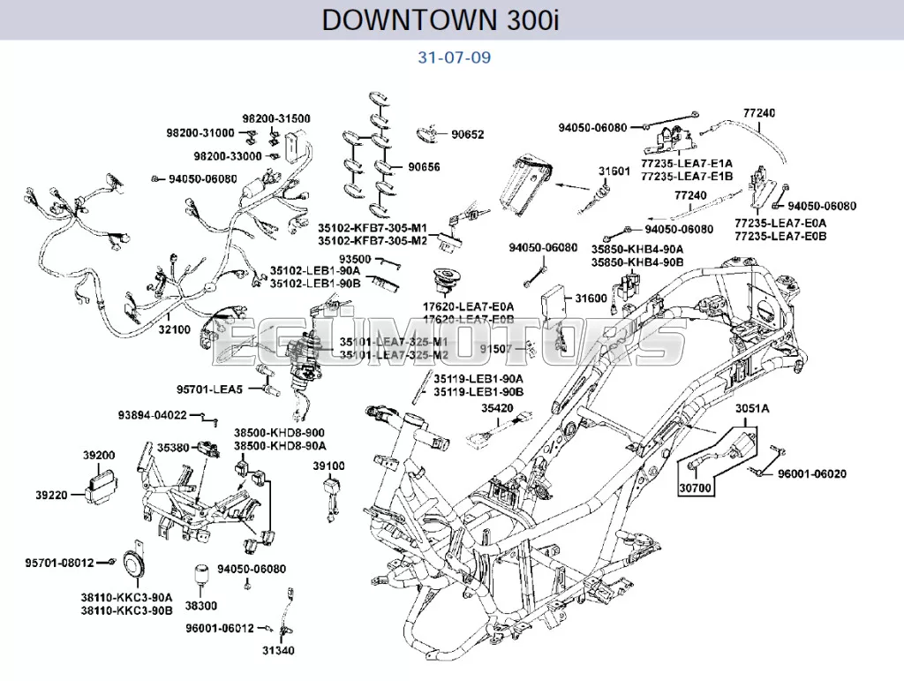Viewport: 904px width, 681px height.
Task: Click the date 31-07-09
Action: click(454, 58)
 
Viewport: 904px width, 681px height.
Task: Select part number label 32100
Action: click(174, 329)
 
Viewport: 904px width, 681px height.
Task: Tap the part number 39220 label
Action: click(51, 496)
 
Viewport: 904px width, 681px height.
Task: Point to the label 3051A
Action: click(752, 408)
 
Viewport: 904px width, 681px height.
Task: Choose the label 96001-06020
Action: click(811, 474)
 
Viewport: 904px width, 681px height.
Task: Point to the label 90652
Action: click(467, 135)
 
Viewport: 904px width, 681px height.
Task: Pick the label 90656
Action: click(424, 167)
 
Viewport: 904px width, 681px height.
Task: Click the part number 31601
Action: click(614, 171)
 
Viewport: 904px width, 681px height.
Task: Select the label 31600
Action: click(591, 299)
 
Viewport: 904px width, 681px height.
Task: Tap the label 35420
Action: click(497, 408)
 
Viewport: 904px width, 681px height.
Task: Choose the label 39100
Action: click(329, 465)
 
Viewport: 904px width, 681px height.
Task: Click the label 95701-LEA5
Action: click(210, 390)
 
